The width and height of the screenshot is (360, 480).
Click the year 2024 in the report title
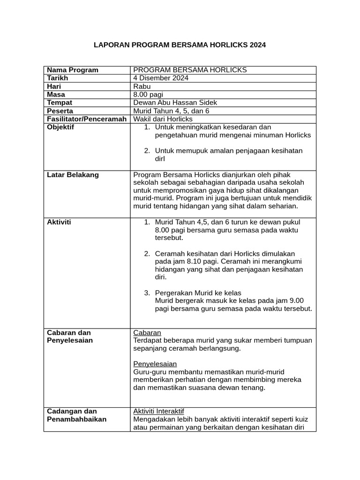coord(257,45)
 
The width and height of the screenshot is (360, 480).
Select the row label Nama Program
coord(73,70)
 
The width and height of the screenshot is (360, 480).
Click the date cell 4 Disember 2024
coord(161,78)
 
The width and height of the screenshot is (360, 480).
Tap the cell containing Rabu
coord(141,86)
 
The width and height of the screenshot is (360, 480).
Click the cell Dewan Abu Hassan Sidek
coord(175,103)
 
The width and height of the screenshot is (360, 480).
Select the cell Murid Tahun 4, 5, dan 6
coord(171,111)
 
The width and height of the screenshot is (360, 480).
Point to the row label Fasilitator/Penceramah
coord(87,119)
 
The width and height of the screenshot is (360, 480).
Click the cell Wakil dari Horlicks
coord(163,119)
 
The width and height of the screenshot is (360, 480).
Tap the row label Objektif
coord(60,127)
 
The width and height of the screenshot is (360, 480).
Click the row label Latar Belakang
coord(73,175)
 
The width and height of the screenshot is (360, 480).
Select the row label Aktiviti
coord(59,222)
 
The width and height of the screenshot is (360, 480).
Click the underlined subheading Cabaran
coord(147,332)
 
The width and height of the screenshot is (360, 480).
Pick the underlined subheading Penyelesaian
coord(155,364)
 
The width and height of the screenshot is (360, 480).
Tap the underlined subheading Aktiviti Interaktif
coord(159,411)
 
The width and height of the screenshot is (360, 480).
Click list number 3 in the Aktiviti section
coord(147,292)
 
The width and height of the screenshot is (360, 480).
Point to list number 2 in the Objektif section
coord(147,150)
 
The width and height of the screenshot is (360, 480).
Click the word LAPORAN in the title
coord(112,45)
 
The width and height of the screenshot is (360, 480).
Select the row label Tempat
coord(60,103)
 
